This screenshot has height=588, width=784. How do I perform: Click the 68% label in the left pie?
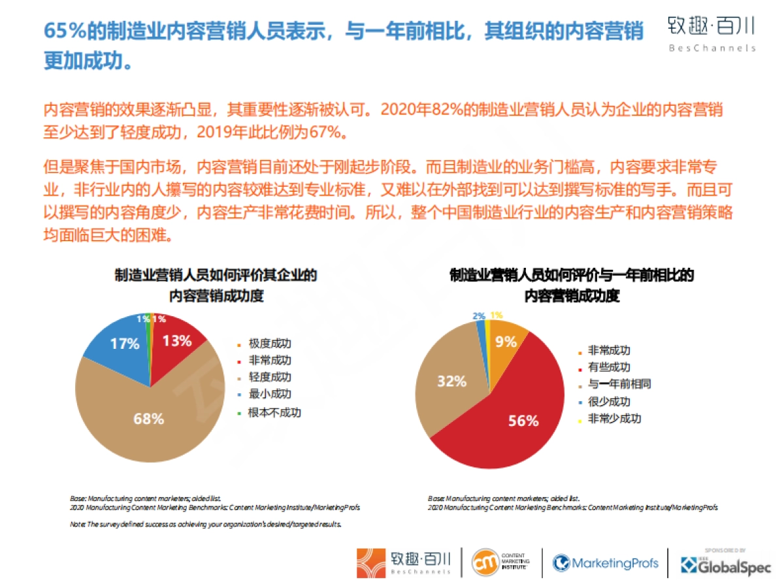coord(149,419)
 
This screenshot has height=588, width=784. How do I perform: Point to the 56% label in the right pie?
coord(523,421)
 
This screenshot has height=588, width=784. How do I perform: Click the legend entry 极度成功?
coord(269,344)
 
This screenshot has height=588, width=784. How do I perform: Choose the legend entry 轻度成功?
coord(269,378)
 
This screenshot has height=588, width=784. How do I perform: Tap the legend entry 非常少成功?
coord(614,418)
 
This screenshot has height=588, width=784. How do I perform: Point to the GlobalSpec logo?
coord(726,564)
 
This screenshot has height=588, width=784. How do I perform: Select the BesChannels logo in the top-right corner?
coord(711,33)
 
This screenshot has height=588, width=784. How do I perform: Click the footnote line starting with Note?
coord(205,524)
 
